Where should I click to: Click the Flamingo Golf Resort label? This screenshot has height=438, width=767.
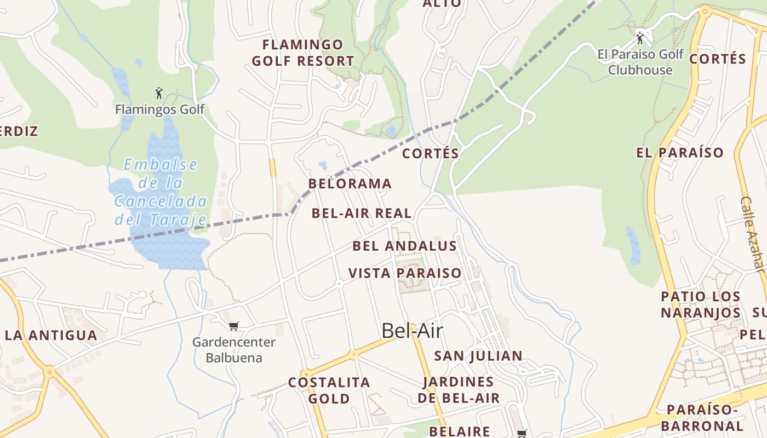coord(303,53)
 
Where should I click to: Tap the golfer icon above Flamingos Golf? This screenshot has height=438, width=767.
coord(159,93)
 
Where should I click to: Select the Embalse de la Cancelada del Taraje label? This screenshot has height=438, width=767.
coord(161,192)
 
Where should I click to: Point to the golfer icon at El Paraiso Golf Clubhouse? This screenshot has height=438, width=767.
coord(640,39)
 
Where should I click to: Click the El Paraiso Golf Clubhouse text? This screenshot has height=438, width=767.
coord(640,62)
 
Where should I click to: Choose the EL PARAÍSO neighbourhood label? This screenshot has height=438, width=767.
coord(680,153)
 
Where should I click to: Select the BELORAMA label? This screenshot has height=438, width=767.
coord(350,184)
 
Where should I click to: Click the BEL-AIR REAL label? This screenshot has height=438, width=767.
coord(362,213)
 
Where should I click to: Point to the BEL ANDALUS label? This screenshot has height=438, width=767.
coord(404,246)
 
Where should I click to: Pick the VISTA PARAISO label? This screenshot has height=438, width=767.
coord(405,273)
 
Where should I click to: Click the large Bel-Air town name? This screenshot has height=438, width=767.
coord(412,331)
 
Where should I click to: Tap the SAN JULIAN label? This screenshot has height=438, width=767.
coord(478,356)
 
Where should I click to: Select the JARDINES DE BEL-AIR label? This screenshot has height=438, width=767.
coord(459,390)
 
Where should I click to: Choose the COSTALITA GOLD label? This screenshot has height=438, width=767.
coord(329,390)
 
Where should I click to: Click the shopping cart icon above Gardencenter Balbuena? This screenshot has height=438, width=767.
coord(234,326)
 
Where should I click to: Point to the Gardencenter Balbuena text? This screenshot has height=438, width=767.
coord(234,350)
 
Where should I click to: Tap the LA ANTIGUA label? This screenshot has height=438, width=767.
coord(51,335)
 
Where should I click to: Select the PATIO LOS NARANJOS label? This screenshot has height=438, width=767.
coord(701,304)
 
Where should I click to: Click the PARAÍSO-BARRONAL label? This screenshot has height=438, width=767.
coord(702,418)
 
